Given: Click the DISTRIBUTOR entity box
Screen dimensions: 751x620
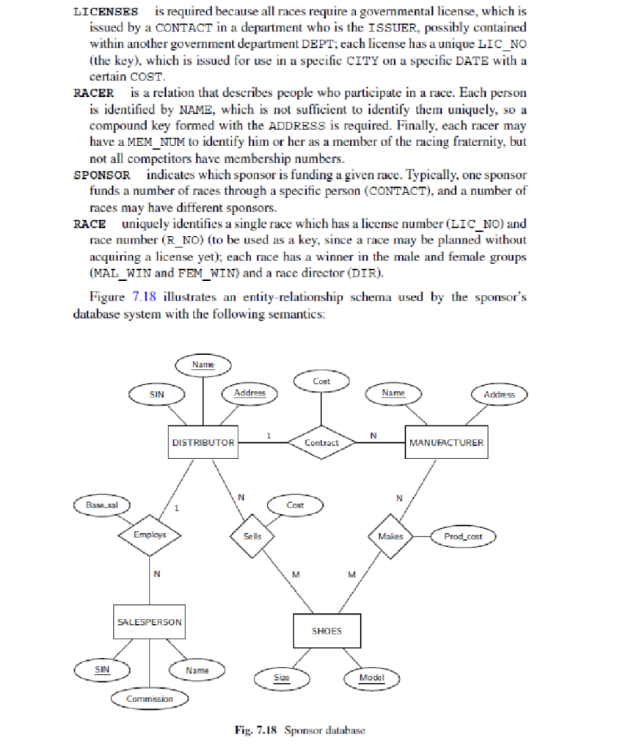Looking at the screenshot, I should (x=203, y=442).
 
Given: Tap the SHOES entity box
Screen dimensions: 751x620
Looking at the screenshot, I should (x=327, y=631).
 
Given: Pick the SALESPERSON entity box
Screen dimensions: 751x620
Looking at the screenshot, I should (x=149, y=622).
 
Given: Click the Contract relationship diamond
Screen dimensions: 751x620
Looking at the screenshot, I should (x=321, y=442).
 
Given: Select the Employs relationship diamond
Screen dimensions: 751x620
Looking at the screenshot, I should (x=150, y=535).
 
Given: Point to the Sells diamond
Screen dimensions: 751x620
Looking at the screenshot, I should (x=252, y=536).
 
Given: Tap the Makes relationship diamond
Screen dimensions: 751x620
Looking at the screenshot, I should (x=390, y=536).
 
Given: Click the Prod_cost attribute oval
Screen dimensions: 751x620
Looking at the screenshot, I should (x=463, y=536).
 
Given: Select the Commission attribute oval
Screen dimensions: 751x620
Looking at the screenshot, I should (x=150, y=698).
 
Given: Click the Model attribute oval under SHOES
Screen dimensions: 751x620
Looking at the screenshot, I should (x=371, y=678).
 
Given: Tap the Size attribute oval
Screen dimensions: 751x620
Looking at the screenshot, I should (x=281, y=678).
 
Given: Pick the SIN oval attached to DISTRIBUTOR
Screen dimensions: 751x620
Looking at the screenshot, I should (x=156, y=394).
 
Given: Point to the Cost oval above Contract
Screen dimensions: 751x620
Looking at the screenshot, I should (x=321, y=381).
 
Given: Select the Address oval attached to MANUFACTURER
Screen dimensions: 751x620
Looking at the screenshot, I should (x=499, y=394).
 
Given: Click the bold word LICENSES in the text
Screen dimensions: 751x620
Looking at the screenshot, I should (x=106, y=12).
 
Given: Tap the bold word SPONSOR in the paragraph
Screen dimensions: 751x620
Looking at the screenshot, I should (x=102, y=175).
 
